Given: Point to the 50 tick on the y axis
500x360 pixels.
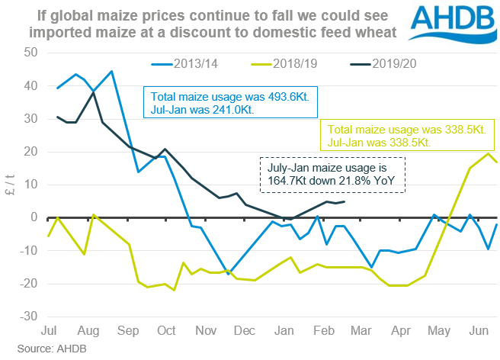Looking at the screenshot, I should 29,53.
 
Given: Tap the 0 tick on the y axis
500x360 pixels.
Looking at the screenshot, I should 32,217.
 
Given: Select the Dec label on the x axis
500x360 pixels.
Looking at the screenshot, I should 245,332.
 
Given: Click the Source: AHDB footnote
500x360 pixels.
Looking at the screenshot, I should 36,350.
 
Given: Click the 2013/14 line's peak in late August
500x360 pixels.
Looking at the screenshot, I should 111,71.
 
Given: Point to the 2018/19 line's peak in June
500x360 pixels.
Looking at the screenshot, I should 488,154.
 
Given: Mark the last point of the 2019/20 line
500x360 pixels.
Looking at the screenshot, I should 345,201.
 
